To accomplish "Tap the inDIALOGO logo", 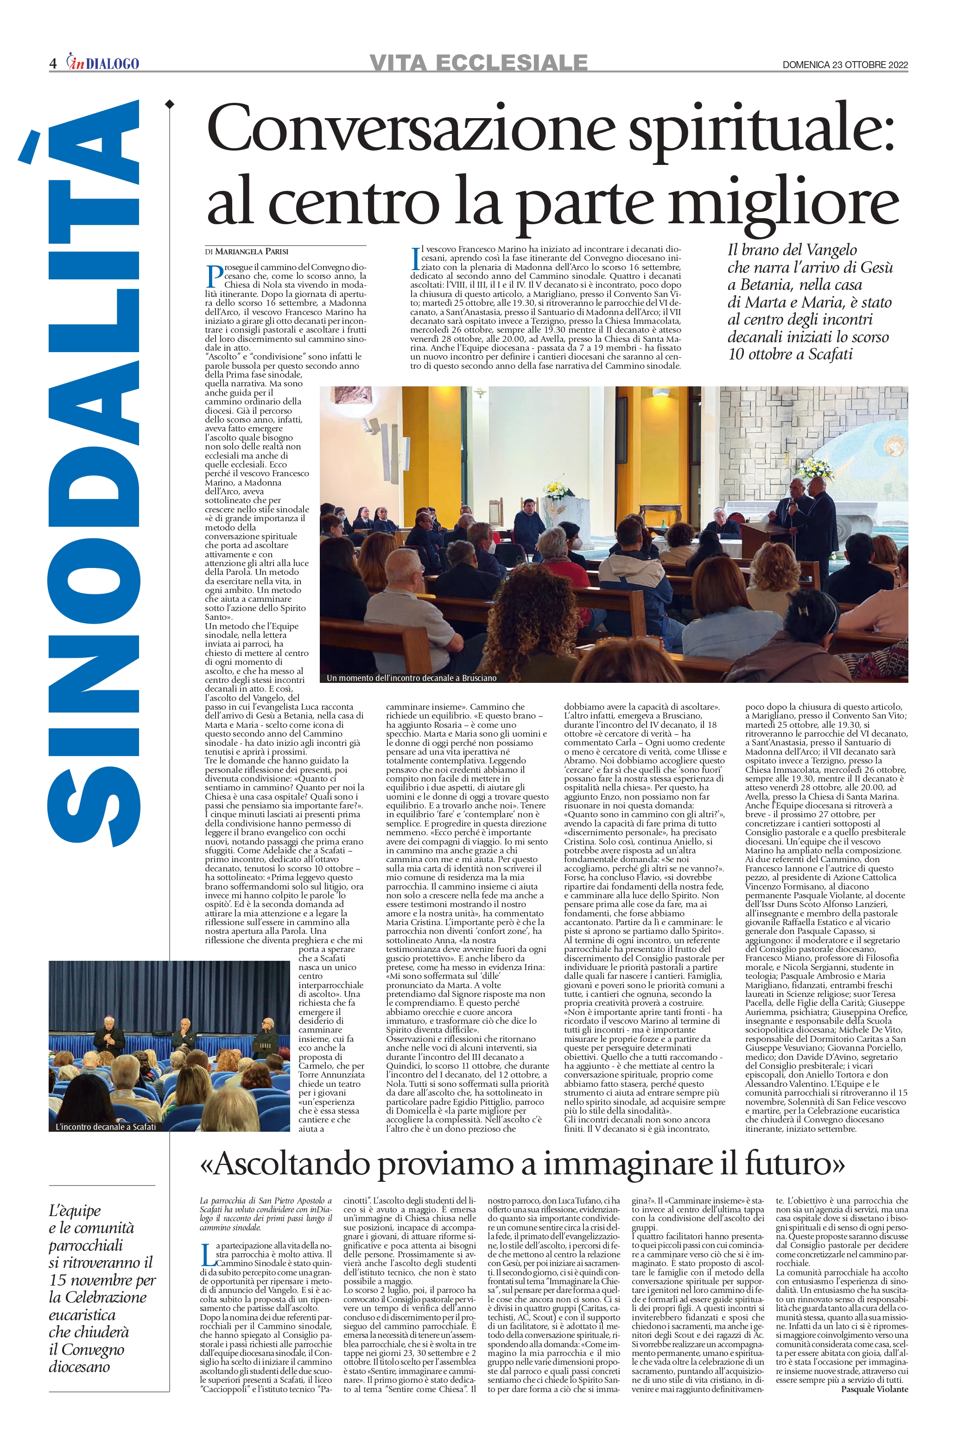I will click(x=103, y=63).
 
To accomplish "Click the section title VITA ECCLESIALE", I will click(x=478, y=62).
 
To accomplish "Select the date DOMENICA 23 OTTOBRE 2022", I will click(x=845, y=65).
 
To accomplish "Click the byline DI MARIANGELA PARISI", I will click(x=247, y=252).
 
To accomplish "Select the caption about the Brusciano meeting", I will click(x=411, y=678).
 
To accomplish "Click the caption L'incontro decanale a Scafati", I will click(x=106, y=1127).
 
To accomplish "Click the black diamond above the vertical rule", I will click(x=169, y=104).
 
